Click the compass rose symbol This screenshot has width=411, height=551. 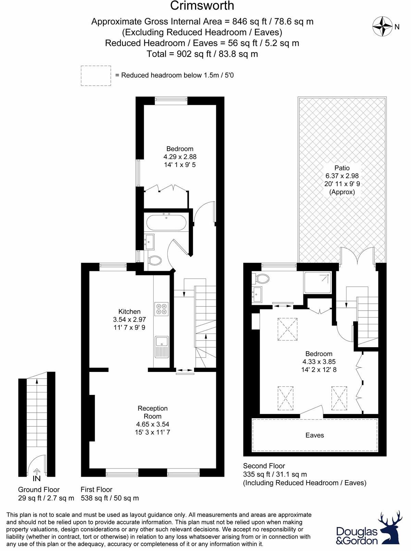click(382, 27)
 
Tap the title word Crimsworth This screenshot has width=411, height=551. click(202, 6)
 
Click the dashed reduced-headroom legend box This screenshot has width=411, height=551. click(96, 76)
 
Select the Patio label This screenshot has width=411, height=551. click(342, 168)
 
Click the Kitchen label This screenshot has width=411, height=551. click(129, 311)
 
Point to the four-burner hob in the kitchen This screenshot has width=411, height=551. click(161, 309)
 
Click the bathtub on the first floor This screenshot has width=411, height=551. click(167, 222)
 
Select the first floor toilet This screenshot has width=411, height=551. click(155, 261)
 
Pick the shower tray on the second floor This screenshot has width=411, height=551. click(317, 282)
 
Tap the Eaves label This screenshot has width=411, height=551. click(314, 435)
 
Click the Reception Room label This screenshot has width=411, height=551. click(153, 412)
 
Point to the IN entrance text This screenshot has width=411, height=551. click(36, 478)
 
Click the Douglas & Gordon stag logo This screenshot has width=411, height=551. click(390, 528)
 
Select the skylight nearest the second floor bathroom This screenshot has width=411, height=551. click(287, 329)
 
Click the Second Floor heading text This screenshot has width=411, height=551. click(264, 466)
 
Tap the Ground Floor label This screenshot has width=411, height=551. click(39, 490)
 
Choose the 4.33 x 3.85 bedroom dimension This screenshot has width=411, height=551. click(319, 362)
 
